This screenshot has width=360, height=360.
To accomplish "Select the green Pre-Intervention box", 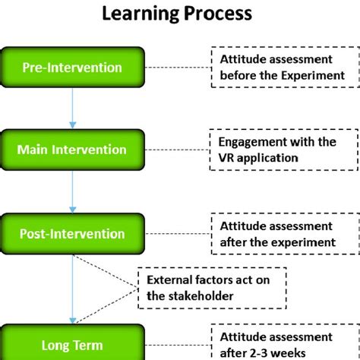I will coord(73,68).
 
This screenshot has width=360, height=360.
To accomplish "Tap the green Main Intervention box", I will coord(73,150).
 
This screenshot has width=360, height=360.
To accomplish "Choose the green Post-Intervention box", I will coord(73,234).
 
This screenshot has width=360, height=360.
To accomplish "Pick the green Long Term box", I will coord(73,343).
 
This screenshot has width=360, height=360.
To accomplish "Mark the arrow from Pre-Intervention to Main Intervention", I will coord(73,108).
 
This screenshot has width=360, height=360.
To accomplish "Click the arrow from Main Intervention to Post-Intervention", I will coord(73,191).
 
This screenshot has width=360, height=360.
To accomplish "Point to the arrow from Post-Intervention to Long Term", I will coord(73,289).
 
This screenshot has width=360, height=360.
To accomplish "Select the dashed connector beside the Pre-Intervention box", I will coord(176,68).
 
